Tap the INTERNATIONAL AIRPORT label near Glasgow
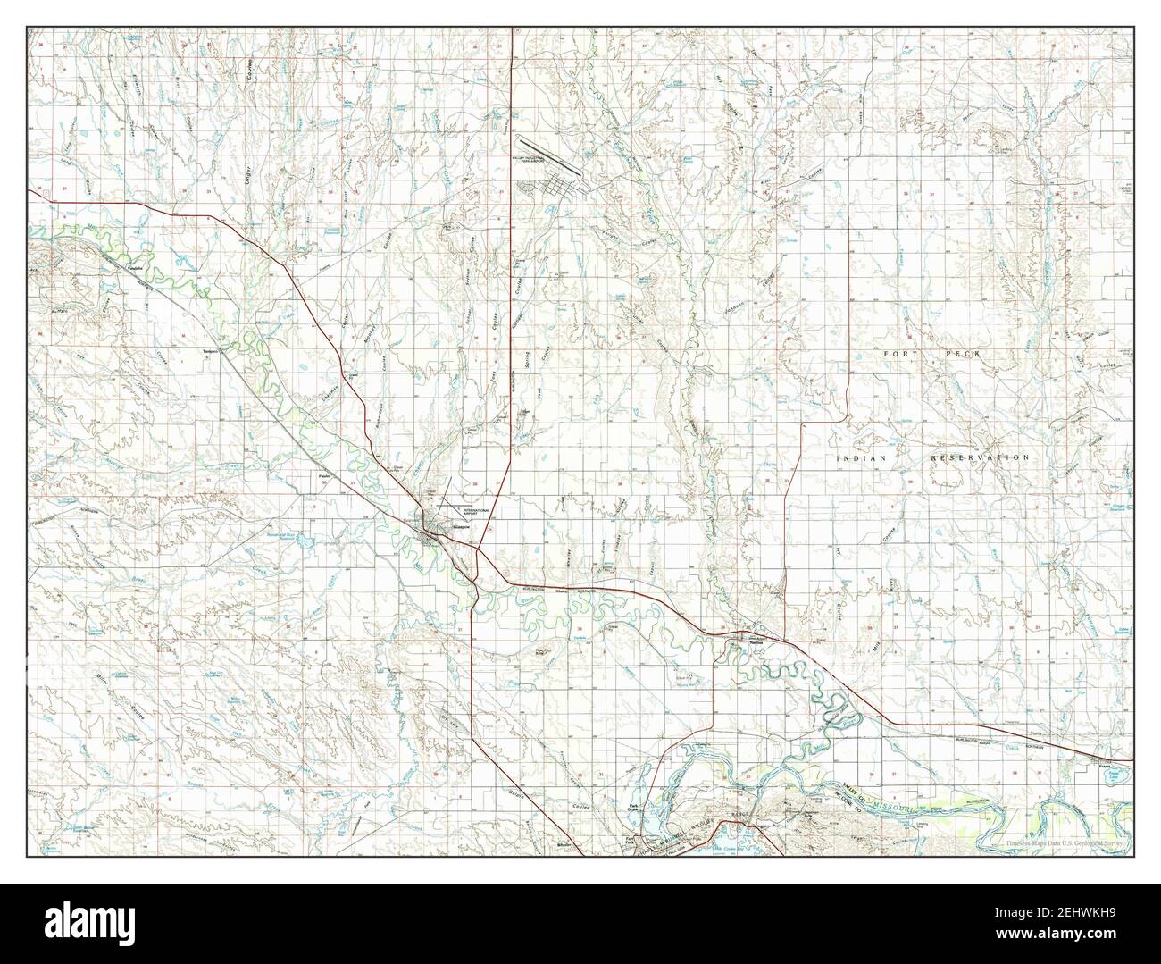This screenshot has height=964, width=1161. click(x=476, y=512)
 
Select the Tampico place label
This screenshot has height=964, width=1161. click(x=212, y=350)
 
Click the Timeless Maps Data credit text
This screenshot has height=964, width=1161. click(x=1069, y=843)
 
